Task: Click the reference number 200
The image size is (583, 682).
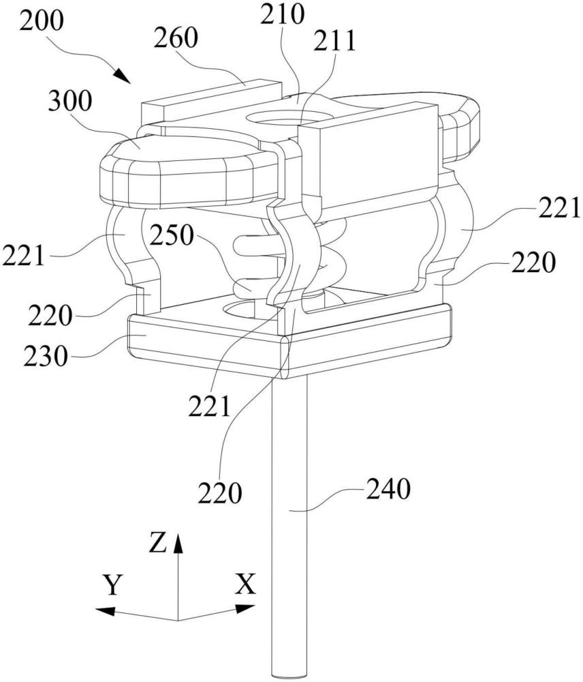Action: pos(42,21)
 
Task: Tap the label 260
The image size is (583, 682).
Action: pos(176,38)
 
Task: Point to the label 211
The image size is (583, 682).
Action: pos(335,40)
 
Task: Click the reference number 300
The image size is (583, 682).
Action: pos(70,102)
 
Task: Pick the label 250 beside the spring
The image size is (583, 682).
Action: pos(172,236)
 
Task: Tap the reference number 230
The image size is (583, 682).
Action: pos(46,356)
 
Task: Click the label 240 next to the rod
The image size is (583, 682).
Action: pos(388,489)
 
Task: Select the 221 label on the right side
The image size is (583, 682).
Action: pos(560,209)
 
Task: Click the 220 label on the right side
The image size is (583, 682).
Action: pos(533,263)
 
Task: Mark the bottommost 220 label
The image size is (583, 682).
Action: pos(220,493)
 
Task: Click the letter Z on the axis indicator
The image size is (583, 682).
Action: pos(158,542)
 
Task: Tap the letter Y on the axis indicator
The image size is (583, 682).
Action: pos(112,584)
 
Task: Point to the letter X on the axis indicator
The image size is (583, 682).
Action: pos(245,584)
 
